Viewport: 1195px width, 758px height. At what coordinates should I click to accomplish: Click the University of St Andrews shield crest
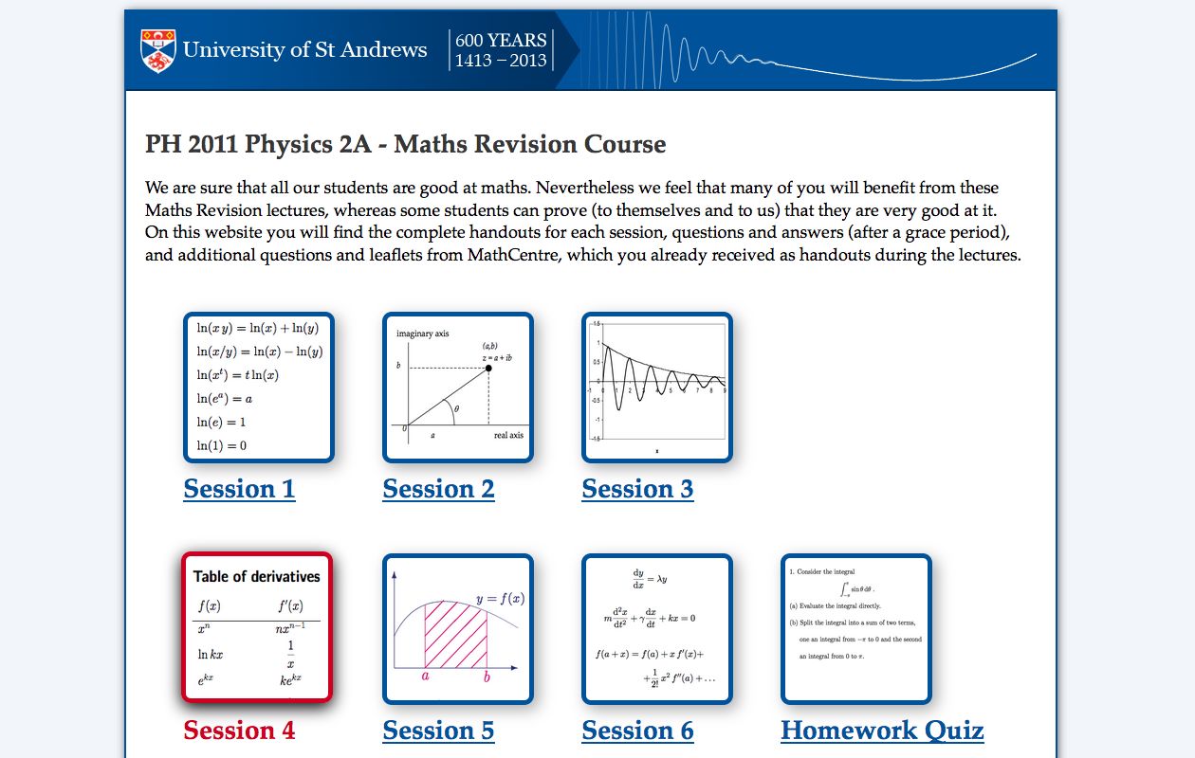coord(158,50)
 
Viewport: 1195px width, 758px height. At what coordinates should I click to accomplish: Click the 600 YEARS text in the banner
coord(501,41)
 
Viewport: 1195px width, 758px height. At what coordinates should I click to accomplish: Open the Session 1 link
coord(239,489)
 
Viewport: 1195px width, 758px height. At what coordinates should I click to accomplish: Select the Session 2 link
coord(438,489)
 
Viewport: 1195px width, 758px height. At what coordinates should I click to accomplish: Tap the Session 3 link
coord(637,489)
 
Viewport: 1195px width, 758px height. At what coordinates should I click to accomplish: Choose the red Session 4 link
coord(239,731)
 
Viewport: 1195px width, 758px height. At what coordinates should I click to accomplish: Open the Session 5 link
coord(438,731)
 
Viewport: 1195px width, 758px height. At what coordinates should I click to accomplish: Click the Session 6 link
coord(637,731)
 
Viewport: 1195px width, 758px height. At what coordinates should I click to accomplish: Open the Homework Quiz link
coord(882,731)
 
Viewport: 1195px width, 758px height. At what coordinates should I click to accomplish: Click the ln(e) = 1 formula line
coord(221,423)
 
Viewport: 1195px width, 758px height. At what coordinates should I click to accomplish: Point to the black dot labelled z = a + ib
coord(488,368)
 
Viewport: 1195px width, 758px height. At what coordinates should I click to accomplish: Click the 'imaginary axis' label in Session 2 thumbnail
coord(422,334)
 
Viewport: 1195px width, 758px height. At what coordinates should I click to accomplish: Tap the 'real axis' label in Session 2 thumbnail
coord(508,435)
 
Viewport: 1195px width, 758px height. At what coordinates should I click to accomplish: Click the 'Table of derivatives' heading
coord(257,576)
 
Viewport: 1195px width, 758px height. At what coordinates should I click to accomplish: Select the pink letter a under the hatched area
coord(426,677)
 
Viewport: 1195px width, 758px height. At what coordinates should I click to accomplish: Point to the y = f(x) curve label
coord(500,599)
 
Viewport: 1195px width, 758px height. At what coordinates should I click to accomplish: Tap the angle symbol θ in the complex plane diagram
coord(457,409)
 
